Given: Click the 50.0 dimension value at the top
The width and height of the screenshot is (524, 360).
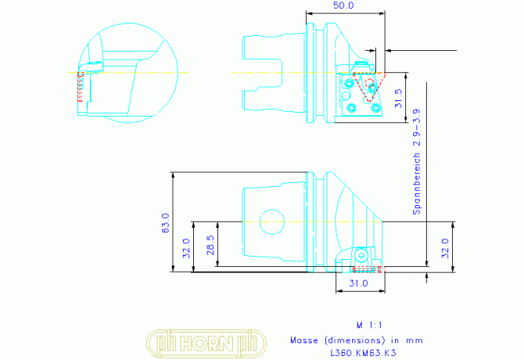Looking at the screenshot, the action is pos(343,5).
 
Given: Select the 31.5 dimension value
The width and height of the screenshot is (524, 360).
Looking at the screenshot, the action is pos(398,98).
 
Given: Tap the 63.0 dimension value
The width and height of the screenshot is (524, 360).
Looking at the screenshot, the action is pos(166,223).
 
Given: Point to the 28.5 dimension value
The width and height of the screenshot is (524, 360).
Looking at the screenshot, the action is pos(210,245).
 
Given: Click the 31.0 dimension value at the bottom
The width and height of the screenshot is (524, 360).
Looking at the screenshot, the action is pos(358,283).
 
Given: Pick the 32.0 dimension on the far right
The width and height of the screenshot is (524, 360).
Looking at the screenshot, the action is pos(445,248).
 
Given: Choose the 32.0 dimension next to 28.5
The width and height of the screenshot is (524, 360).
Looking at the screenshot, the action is pos(186,248).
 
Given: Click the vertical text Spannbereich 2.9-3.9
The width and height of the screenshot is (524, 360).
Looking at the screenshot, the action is pos(417,162).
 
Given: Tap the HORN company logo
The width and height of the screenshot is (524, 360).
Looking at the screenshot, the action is pos(206,344).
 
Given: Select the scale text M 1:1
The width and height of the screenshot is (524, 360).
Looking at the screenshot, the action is pos(369,325).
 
